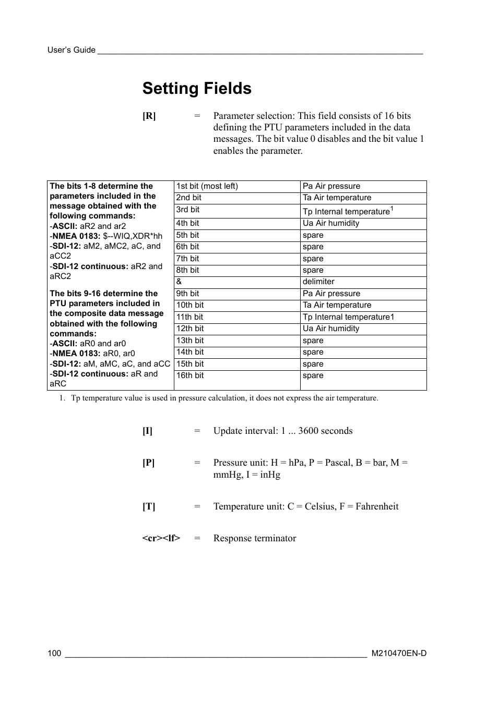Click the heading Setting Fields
(197, 89)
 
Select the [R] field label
(149, 116)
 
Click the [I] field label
(148, 431)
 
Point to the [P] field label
(149, 463)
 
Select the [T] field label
(149, 507)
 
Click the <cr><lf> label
(161, 539)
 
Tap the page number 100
(54, 653)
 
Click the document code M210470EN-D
(399, 653)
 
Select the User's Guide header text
(72, 50)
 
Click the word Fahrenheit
(377, 506)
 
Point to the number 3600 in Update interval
(309, 431)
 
